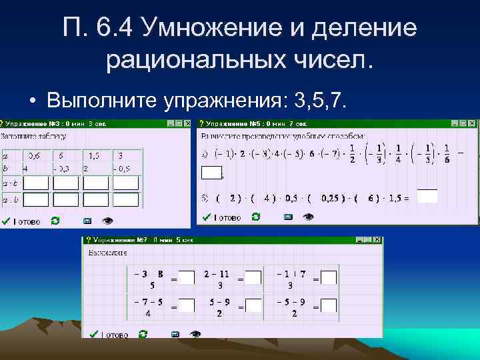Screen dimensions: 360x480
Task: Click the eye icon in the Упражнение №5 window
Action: (x=309, y=217)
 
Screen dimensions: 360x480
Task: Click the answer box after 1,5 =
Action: (x=427, y=197)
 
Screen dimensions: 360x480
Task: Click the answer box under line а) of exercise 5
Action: (x=211, y=173)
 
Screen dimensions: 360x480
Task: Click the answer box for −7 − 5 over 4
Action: (x=187, y=305)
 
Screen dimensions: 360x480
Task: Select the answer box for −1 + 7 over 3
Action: (x=329, y=277)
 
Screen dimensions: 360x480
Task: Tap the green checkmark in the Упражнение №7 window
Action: (x=93, y=335)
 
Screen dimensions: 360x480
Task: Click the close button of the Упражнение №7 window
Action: (x=378, y=240)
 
